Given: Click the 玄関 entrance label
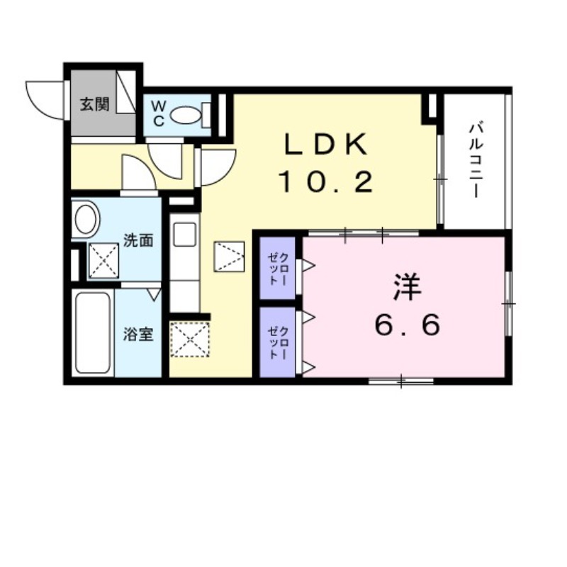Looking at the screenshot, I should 94,105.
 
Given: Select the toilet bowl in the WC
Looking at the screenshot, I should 186,114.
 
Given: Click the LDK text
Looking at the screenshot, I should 326,145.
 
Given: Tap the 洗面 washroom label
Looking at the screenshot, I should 138,240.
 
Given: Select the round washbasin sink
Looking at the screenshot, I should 86,220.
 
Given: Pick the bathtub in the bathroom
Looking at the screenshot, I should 93,333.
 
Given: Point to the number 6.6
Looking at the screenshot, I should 408,325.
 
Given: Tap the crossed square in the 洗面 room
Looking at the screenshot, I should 103,260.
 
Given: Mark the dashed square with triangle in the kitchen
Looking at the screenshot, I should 230,256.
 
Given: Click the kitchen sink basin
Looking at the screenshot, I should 184,235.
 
